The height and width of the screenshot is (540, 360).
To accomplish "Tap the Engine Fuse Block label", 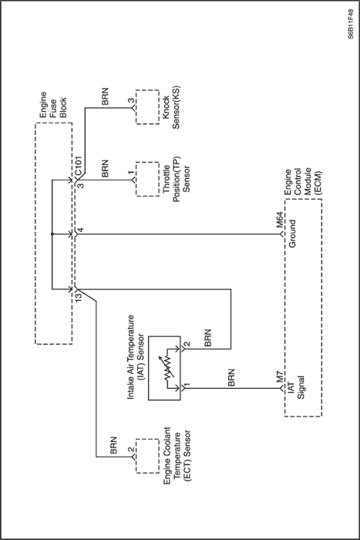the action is pyautogui.click(x=53, y=105).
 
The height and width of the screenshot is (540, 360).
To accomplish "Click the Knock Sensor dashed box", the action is pyautogui.click(x=147, y=106).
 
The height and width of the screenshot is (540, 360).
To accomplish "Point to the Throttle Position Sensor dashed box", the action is pyautogui.click(x=147, y=179).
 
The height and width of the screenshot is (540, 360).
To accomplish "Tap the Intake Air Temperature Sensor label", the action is pyautogui.click(x=136, y=356).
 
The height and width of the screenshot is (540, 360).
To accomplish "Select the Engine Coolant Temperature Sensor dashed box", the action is pyautogui.click(x=147, y=456).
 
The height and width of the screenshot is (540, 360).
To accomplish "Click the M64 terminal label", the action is pyautogui.click(x=279, y=221).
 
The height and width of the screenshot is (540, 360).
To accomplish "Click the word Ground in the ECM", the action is pyautogui.click(x=292, y=234).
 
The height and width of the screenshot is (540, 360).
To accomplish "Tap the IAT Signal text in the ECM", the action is pyautogui.click(x=296, y=387).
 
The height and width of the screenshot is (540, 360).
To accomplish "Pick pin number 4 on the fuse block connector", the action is pyautogui.click(x=80, y=230).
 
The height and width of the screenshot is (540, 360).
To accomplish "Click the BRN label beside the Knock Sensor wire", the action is pyautogui.click(x=105, y=96).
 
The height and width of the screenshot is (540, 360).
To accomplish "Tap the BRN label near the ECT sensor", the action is pyautogui.click(x=113, y=445).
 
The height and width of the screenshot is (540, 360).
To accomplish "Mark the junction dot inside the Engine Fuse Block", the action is pyautogui.click(x=52, y=235).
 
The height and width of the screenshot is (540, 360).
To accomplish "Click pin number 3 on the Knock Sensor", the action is pyautogui.click(x=131, y=101).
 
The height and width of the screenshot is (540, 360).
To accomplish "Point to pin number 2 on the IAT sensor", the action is pyautogui.click(x=187, y=344).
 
